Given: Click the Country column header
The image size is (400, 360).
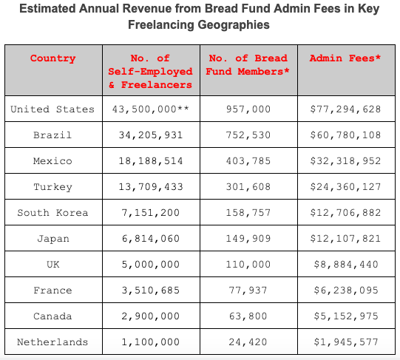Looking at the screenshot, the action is tap(52, 58).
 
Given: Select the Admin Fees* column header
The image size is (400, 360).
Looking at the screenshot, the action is tap(345, 58).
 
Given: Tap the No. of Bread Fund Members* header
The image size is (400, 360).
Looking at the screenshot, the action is tap(248, 65).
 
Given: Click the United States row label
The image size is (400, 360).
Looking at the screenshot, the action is tap(52, 109).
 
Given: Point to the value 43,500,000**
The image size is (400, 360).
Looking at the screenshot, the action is tap(151, 109).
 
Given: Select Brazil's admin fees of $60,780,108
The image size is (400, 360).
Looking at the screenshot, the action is tap(345, 135).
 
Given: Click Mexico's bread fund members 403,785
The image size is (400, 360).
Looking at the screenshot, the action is tap(248, 160).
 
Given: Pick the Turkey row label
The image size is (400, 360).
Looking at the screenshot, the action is tap(52, 187).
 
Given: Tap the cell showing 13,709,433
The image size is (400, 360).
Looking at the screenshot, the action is tap(151, 187).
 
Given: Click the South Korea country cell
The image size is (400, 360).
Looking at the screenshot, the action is tap(52, 213).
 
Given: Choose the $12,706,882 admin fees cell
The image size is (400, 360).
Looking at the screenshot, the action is tap(345, 213).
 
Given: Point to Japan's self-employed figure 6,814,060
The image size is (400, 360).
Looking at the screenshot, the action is tap(151, 239).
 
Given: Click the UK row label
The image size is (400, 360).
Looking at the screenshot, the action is tap(53, 265).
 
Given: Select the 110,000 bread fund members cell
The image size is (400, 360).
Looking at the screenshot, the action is tap(248, 265).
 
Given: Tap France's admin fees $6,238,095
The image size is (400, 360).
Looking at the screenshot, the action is tap(346, 290).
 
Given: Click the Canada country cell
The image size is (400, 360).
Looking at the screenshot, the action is tap(52, 316).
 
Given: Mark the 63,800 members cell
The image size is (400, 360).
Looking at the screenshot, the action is tap(248, 316).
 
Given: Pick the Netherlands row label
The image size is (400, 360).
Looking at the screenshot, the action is tap(52, 342).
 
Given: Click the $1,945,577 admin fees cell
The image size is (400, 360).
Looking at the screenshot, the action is tap(346, 342).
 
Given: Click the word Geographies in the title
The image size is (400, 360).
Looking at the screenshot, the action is tap(234, 25).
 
